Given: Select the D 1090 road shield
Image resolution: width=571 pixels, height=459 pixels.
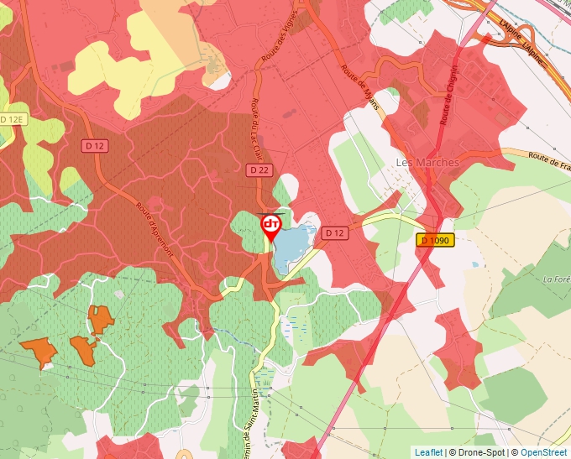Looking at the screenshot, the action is click(435, 240).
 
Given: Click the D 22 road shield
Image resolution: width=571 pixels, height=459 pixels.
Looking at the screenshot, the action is click(258, 170).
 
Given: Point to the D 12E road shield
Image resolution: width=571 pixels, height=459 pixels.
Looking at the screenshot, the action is click(13, 120).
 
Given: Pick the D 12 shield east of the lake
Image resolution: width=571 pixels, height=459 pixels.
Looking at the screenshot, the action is click(335, 232).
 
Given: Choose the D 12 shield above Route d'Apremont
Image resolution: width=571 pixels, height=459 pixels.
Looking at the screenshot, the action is click(95, 146).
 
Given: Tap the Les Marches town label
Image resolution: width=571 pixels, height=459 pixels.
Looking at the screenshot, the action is click(427, 162).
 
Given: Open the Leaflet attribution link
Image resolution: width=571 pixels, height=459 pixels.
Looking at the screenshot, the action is click(428, 452).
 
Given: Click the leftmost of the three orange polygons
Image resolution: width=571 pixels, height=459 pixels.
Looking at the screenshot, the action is click(39, 352).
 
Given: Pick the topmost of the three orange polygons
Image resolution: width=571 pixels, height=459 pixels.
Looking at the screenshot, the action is click(100, 319).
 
